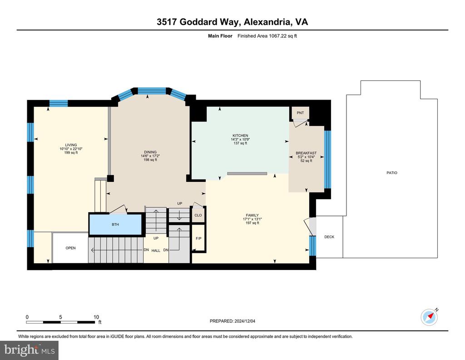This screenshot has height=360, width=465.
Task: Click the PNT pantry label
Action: pos(300,113)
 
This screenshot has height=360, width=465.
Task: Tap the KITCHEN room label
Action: pos(240,135)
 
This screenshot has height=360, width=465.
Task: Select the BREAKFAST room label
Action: pos(306,153)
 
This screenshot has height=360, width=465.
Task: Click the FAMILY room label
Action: pos(252,215)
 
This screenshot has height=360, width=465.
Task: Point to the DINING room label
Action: pos(150,152)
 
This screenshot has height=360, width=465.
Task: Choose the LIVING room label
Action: pos(71,145)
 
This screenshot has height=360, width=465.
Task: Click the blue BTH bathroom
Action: pos(115,225)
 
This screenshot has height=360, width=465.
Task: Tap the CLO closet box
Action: pos(198,215)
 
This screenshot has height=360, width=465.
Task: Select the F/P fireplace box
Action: pos(198,238)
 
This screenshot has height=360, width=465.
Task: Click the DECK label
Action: pos(329,237)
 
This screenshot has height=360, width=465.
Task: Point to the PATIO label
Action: pos(392,173)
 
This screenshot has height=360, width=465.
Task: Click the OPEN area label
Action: pos(70,248)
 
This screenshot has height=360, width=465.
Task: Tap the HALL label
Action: pos(156,250)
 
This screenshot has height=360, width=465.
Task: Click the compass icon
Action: pos(429,317)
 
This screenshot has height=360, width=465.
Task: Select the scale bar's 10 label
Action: pos(96,317)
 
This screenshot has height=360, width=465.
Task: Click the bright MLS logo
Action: pos(30,350)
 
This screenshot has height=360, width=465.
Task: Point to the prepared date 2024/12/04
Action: pos(245,321)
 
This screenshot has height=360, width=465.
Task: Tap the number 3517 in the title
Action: pos(167,22)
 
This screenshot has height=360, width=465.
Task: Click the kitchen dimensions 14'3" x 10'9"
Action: pos(240,140)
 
